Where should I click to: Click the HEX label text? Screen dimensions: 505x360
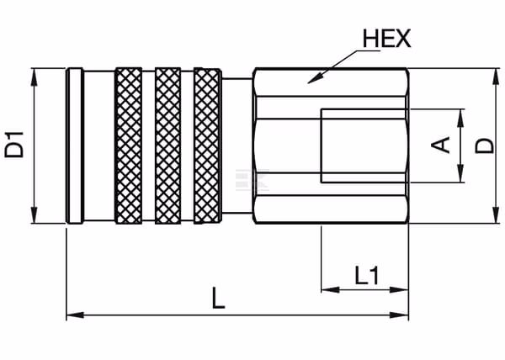coord(387,39)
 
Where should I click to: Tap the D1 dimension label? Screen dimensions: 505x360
coord(14,145)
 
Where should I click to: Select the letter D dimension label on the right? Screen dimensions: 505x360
coord(485,146)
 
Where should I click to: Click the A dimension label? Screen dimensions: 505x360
coord(440,145)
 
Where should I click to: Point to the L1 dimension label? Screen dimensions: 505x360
coord(366,275)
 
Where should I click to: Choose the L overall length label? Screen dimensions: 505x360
coord(218,299)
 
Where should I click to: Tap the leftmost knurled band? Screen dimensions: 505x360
coord(129,146)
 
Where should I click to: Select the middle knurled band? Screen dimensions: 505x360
coord(167,146)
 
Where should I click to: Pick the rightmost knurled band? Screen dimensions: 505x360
coord(208,146)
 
